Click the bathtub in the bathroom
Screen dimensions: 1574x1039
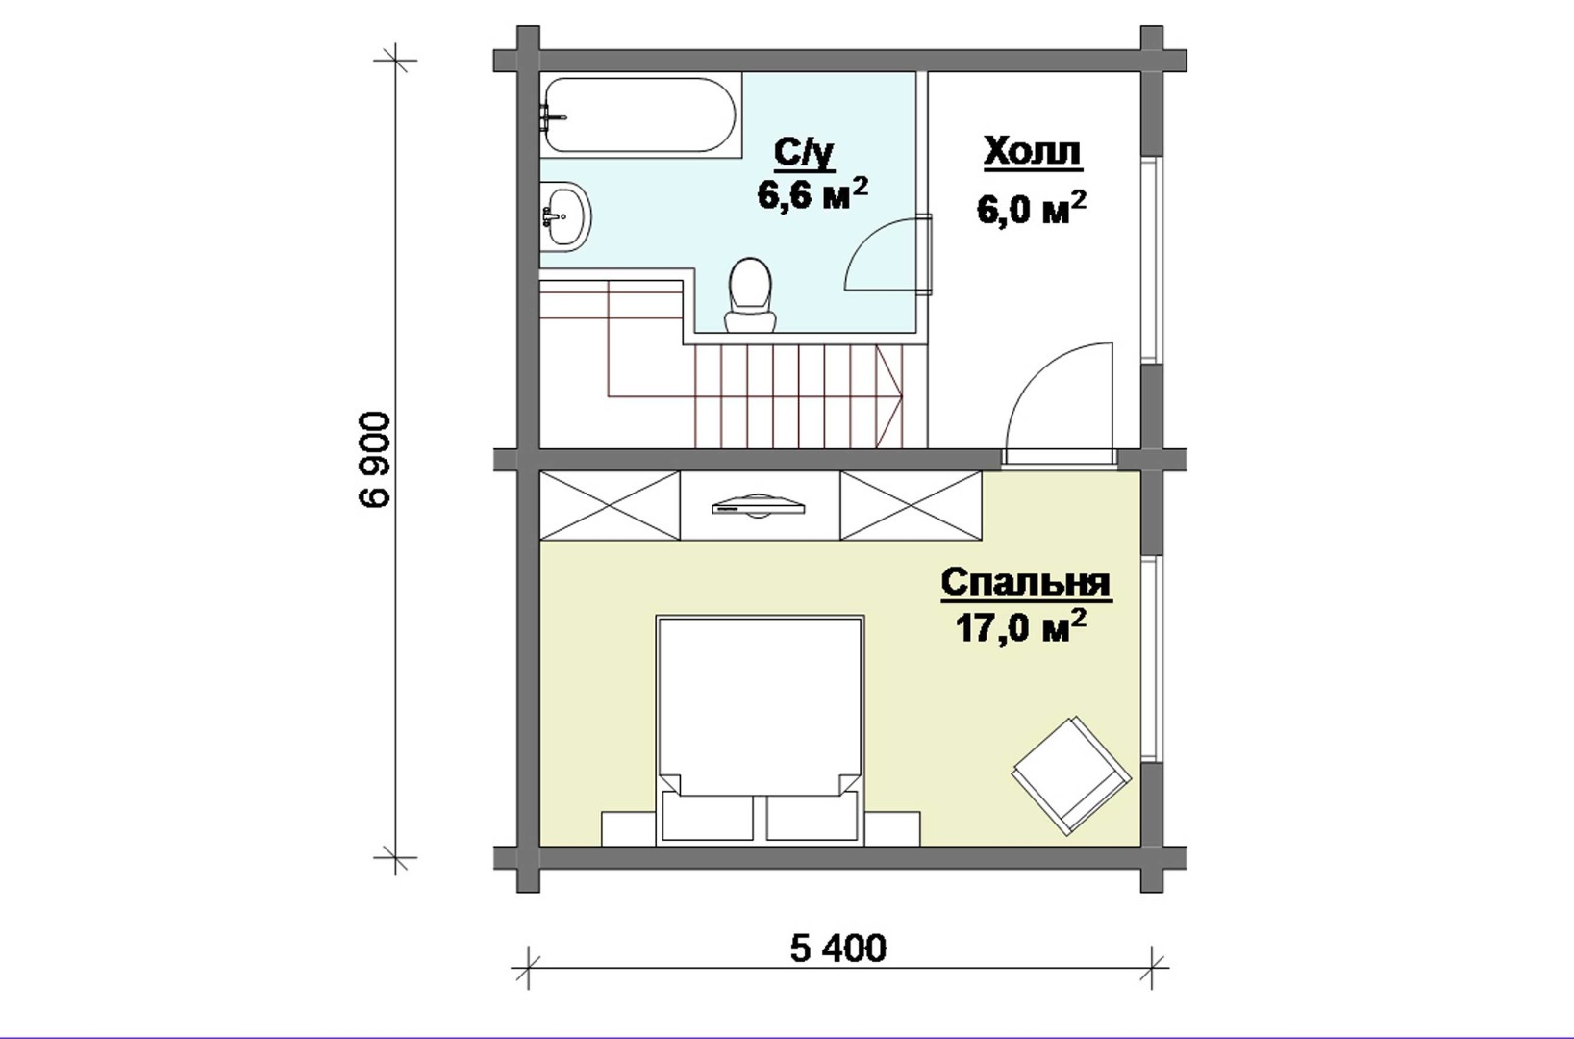[640, 114]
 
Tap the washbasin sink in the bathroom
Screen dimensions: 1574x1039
[565, 216]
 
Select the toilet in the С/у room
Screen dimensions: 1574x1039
[750, 294]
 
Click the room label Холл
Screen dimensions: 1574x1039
[1033, 153]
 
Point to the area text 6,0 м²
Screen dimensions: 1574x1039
[1032, 207]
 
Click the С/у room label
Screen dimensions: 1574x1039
[805, 155]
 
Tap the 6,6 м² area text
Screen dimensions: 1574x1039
[812, 193]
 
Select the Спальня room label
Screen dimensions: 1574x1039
[1026, 584]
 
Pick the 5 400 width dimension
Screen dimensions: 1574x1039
[838, 949]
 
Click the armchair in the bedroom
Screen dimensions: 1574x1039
[1071, 776]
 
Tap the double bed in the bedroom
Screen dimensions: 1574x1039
[760, 730]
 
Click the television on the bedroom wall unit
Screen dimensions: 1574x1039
[759, 506]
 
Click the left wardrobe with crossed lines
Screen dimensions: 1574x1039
[610, 505]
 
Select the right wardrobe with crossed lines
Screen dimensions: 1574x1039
[911, 505]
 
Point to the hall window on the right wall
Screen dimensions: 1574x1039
[1149, 260]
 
